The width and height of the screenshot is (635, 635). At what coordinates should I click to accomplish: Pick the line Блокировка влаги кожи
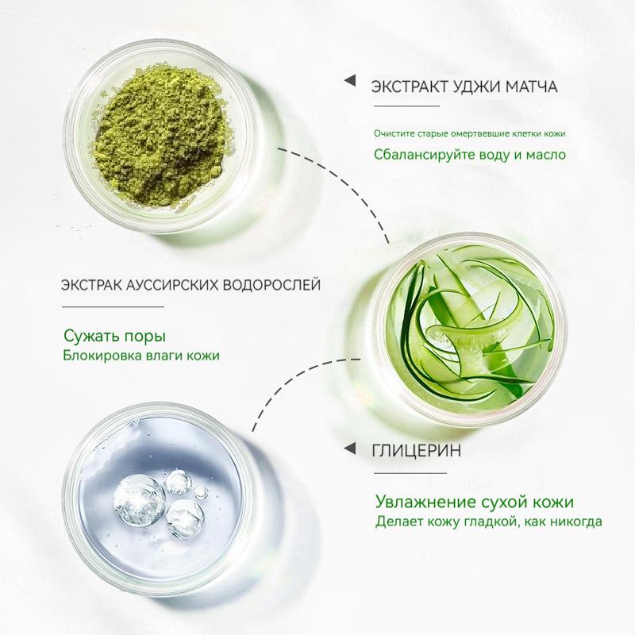click(x=140, y=356)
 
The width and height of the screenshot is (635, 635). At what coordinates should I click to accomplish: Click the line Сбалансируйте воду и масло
click(x=470, y=153)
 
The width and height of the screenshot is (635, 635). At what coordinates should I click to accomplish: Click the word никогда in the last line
click(x=574, y=521)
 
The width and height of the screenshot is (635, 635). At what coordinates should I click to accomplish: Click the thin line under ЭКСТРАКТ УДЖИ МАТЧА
click(x=405, y=106)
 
